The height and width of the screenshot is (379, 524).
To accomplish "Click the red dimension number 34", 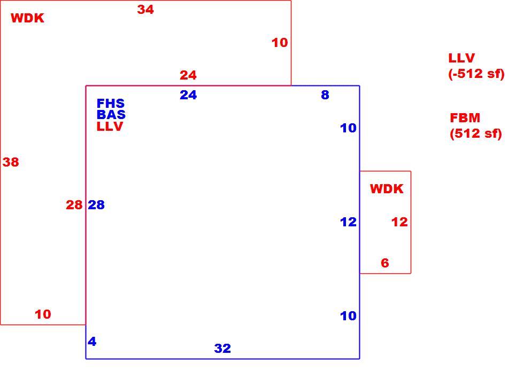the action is point(145,10).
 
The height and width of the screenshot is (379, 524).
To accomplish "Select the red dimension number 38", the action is point(11,162).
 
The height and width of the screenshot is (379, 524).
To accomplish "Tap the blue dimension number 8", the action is point(325,95).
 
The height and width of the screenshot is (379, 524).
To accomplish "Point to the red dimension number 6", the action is point(385,263).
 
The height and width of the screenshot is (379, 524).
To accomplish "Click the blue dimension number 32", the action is point(222,348).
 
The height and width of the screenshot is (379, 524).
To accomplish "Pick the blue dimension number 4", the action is point(92,342).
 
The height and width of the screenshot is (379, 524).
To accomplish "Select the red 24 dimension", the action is point(188,75).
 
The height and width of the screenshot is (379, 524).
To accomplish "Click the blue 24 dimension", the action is point(188,95).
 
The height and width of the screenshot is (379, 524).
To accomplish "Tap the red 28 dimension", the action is point(74,205).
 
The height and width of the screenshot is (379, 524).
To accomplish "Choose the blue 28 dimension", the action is point(96,205).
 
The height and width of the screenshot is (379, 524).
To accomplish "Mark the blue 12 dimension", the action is point(348,222).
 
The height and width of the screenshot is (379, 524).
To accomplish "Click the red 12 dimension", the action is point(399,222).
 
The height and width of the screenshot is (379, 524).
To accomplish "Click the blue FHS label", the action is point(111,104).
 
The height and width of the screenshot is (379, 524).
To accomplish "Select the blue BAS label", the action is point(111,115).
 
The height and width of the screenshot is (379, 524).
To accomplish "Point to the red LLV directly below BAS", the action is point(110,127).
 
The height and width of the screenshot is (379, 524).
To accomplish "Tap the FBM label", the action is point(465,118).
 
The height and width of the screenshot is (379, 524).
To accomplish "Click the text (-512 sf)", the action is point(476,74).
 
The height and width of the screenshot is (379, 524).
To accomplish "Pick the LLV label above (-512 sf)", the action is point(461,58).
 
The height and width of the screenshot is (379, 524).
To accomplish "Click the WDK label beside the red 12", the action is point(387,189).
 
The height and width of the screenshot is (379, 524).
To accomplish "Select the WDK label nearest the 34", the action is point(27,18).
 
